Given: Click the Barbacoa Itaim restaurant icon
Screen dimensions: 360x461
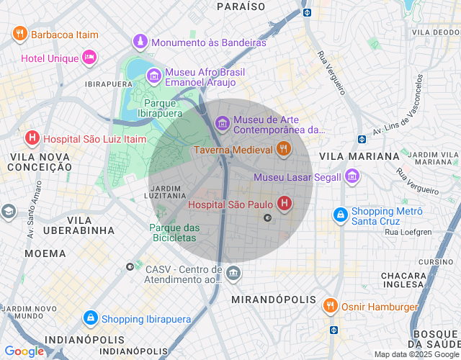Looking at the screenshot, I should pyautogui.click(x=20, y=34).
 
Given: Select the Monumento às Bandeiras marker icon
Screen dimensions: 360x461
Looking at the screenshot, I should pyautogui.click(x=140, y=42).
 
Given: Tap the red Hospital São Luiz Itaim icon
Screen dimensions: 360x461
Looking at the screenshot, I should pyautogui.click(x=32, y=138).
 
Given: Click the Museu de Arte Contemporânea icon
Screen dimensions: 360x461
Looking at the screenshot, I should pyautogui.click(x=223, y=124).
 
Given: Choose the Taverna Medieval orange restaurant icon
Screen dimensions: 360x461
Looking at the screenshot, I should pyautogui.click(x=284, y=150).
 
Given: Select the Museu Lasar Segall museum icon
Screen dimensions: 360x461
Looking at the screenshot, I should pyautogui.click(x=352, y=176).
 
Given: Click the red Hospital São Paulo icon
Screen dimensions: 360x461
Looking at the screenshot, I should pyautogui.click(x=285, y=204).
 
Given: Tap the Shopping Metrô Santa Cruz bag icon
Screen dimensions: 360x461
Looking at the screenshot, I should pyautogui.click(x=340, y=215).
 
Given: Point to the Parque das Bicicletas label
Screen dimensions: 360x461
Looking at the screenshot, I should pyautogui.click(x=173, y=232).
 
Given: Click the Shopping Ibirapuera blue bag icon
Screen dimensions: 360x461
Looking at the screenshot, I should pyautogui.click(x=90, y=318).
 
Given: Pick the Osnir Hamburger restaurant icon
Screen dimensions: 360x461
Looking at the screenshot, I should pyautogui.click(x=331, y=306).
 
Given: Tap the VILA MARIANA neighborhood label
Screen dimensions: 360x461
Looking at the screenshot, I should pyautogui.click(x=359, y=156).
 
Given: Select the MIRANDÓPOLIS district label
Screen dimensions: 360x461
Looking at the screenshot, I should pyautogui.click(x=274, y=299).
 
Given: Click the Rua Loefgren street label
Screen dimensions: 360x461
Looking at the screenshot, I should pyautogui.click(x=407, y=232).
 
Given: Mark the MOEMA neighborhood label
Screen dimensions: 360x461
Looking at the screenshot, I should pyautogui.click(x=45, y=253).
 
